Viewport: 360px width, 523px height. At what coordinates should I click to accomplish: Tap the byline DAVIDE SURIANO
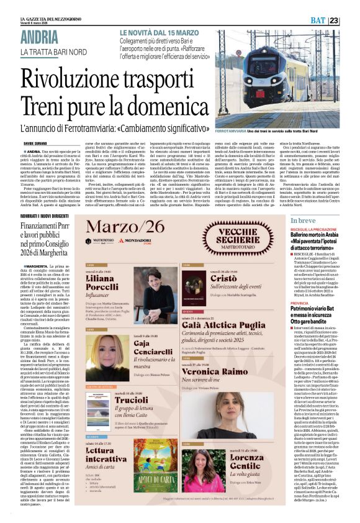point(36,143)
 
